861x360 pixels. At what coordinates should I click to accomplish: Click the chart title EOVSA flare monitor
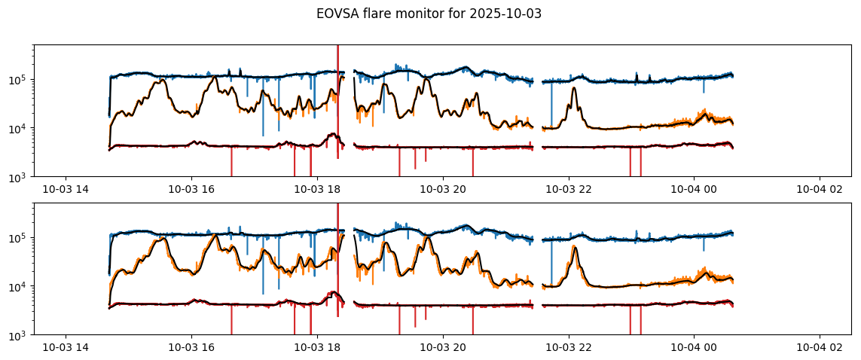(397, 14)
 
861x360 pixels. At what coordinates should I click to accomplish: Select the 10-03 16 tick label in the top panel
(191, 189)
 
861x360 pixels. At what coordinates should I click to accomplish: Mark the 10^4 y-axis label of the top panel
(20, 128)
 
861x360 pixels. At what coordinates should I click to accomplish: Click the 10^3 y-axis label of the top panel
(20, 177)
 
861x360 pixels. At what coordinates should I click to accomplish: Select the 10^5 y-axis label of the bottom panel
(20, 237)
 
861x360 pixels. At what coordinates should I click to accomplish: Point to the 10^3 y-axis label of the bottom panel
(20, 335)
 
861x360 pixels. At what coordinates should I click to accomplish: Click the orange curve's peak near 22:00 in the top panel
(575, 89)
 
